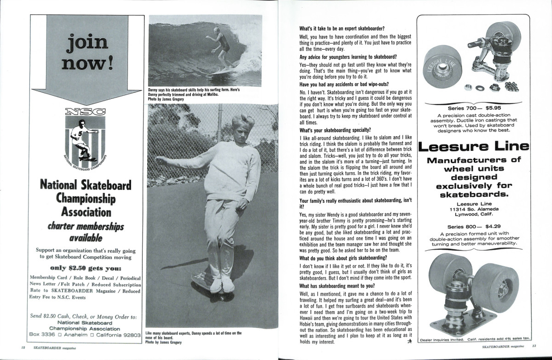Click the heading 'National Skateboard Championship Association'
coord(86,199)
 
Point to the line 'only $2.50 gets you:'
coord(86,268)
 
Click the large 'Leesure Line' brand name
coord(474,146)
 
